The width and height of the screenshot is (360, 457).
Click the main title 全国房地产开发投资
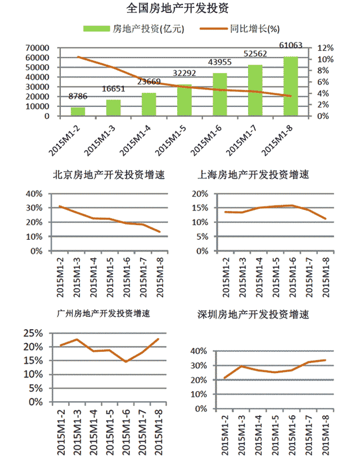[x=178, y=8]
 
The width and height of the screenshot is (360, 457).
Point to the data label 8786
[x=78, y=96]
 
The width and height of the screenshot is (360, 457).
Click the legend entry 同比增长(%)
[x=254, y=28]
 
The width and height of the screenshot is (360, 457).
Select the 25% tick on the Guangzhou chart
[x=32, y=333]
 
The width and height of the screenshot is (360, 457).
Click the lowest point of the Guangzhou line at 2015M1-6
[x=127, y=361]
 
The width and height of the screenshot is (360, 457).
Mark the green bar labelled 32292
[x=184, y=100]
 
